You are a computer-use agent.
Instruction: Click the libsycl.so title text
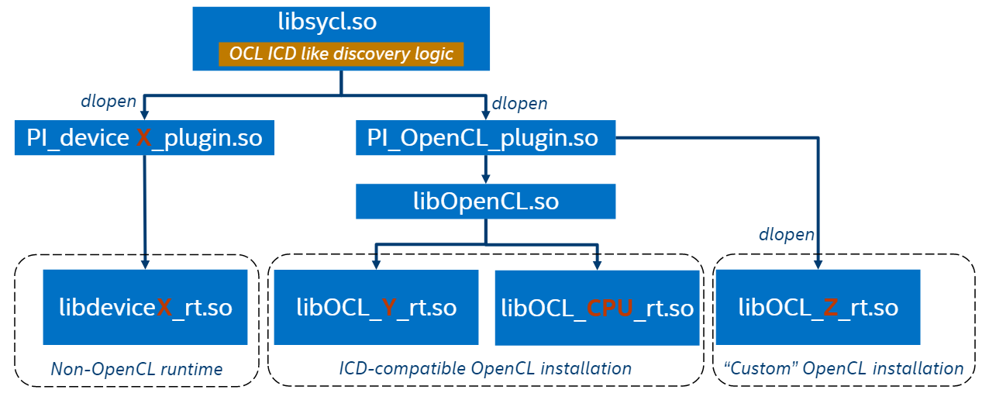click(327, 22)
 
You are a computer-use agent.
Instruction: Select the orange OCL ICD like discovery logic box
click(341, 54)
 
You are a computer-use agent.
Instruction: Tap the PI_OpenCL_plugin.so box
click(485, 138)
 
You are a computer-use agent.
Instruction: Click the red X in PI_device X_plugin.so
click(144, 138)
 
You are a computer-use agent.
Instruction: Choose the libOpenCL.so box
click(485, 202)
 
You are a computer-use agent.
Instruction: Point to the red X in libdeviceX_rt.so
click(164, 307)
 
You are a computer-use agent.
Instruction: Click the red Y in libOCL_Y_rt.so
click(390, 308)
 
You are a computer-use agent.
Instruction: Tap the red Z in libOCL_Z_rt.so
click(830, 308)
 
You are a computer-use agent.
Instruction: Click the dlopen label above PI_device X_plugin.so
click(109, 101)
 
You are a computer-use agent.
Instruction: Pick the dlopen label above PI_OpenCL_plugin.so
click(520, 103)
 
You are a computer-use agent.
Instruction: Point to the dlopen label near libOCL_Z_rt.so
click(787, 234)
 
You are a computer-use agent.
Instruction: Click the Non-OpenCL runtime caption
click(136, 370)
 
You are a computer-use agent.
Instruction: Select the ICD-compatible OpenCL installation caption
click(485, 368)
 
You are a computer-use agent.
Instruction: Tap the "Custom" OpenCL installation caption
click(844, 368)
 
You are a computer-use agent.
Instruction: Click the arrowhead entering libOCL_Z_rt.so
click(818, 264)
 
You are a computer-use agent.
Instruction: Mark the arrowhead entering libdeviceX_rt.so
click(145, 264)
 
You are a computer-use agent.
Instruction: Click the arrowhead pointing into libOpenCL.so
click(485, 178)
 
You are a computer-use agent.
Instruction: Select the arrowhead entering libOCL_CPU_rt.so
click(597, 264)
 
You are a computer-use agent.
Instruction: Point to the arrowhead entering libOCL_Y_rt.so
click(376, 264)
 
